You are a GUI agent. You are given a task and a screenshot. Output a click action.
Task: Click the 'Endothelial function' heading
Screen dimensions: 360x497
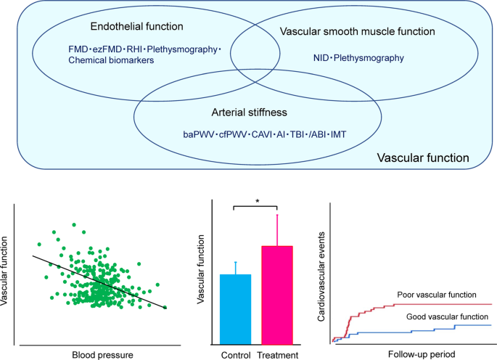136,27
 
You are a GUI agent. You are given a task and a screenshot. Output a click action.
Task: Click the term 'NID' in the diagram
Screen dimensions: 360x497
321,57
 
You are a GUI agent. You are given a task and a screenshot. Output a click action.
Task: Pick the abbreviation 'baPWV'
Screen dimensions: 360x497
198,135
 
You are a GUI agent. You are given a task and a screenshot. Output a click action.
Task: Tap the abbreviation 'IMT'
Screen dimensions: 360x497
340,135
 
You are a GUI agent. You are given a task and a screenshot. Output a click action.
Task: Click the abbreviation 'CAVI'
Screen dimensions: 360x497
259,135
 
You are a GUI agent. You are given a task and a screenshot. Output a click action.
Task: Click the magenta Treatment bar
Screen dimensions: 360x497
276,294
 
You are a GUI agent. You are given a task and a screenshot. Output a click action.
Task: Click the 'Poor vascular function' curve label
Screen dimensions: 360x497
437,295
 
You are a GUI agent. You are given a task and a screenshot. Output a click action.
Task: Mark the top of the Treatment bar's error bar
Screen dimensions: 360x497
276,215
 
